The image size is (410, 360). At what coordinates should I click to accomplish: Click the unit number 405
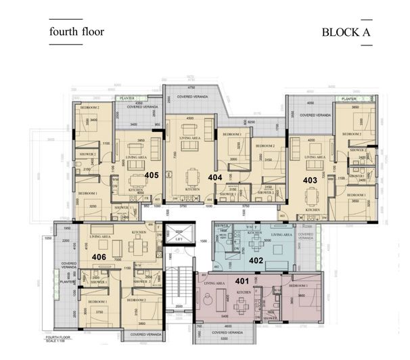click(152, 175)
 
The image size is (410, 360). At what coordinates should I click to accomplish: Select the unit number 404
click(214, 177)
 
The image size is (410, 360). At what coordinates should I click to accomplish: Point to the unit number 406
click(99, 257)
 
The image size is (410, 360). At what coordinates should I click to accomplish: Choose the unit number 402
click(256, 260)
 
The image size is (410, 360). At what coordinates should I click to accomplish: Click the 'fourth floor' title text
click(76, 31)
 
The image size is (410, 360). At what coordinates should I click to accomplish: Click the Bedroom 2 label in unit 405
click(90, 108)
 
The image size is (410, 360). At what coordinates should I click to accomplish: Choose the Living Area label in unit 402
click(281, 234)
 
